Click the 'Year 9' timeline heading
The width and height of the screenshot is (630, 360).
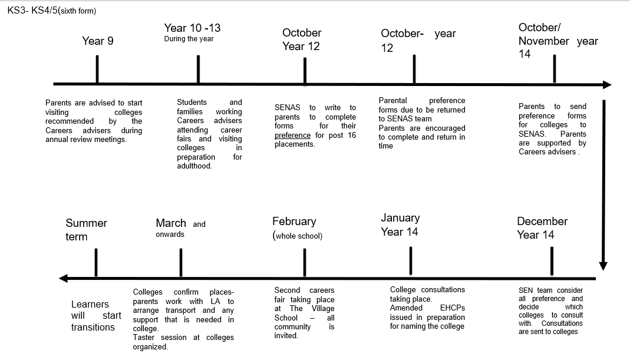[98, 41]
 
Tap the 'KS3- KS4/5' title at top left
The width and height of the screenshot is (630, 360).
[51, 11]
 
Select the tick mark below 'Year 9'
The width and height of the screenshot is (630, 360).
[97, 69]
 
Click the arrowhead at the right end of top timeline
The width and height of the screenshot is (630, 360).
[606, 85]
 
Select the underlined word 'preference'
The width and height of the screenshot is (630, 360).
[292, 135]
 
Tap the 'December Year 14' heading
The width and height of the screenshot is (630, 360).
[542, 228]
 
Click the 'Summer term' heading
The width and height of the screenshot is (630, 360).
[86, 230]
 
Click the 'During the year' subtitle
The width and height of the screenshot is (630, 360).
[189, 39]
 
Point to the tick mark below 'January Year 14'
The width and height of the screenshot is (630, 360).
[410, 260]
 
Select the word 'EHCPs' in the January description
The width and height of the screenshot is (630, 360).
[453, 308]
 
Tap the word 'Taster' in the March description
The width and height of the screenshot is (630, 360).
[144, 338]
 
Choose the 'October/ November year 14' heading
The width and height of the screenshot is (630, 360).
[558, 41]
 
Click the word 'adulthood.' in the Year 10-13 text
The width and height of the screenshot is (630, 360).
[194, 166]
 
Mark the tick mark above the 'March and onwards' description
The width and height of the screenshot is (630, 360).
[180, 262]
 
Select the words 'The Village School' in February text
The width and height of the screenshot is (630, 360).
[304, 313]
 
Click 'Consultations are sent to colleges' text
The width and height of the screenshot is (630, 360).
[551, 328]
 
